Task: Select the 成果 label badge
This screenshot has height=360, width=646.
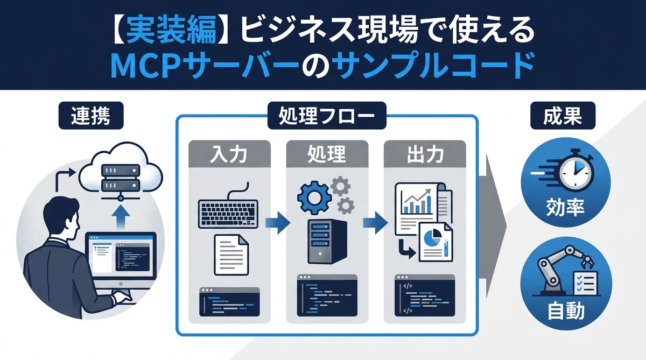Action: click(559, 116)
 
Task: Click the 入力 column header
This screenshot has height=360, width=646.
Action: click(228, 156)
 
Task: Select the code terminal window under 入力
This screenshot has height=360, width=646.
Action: click(229, 301)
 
